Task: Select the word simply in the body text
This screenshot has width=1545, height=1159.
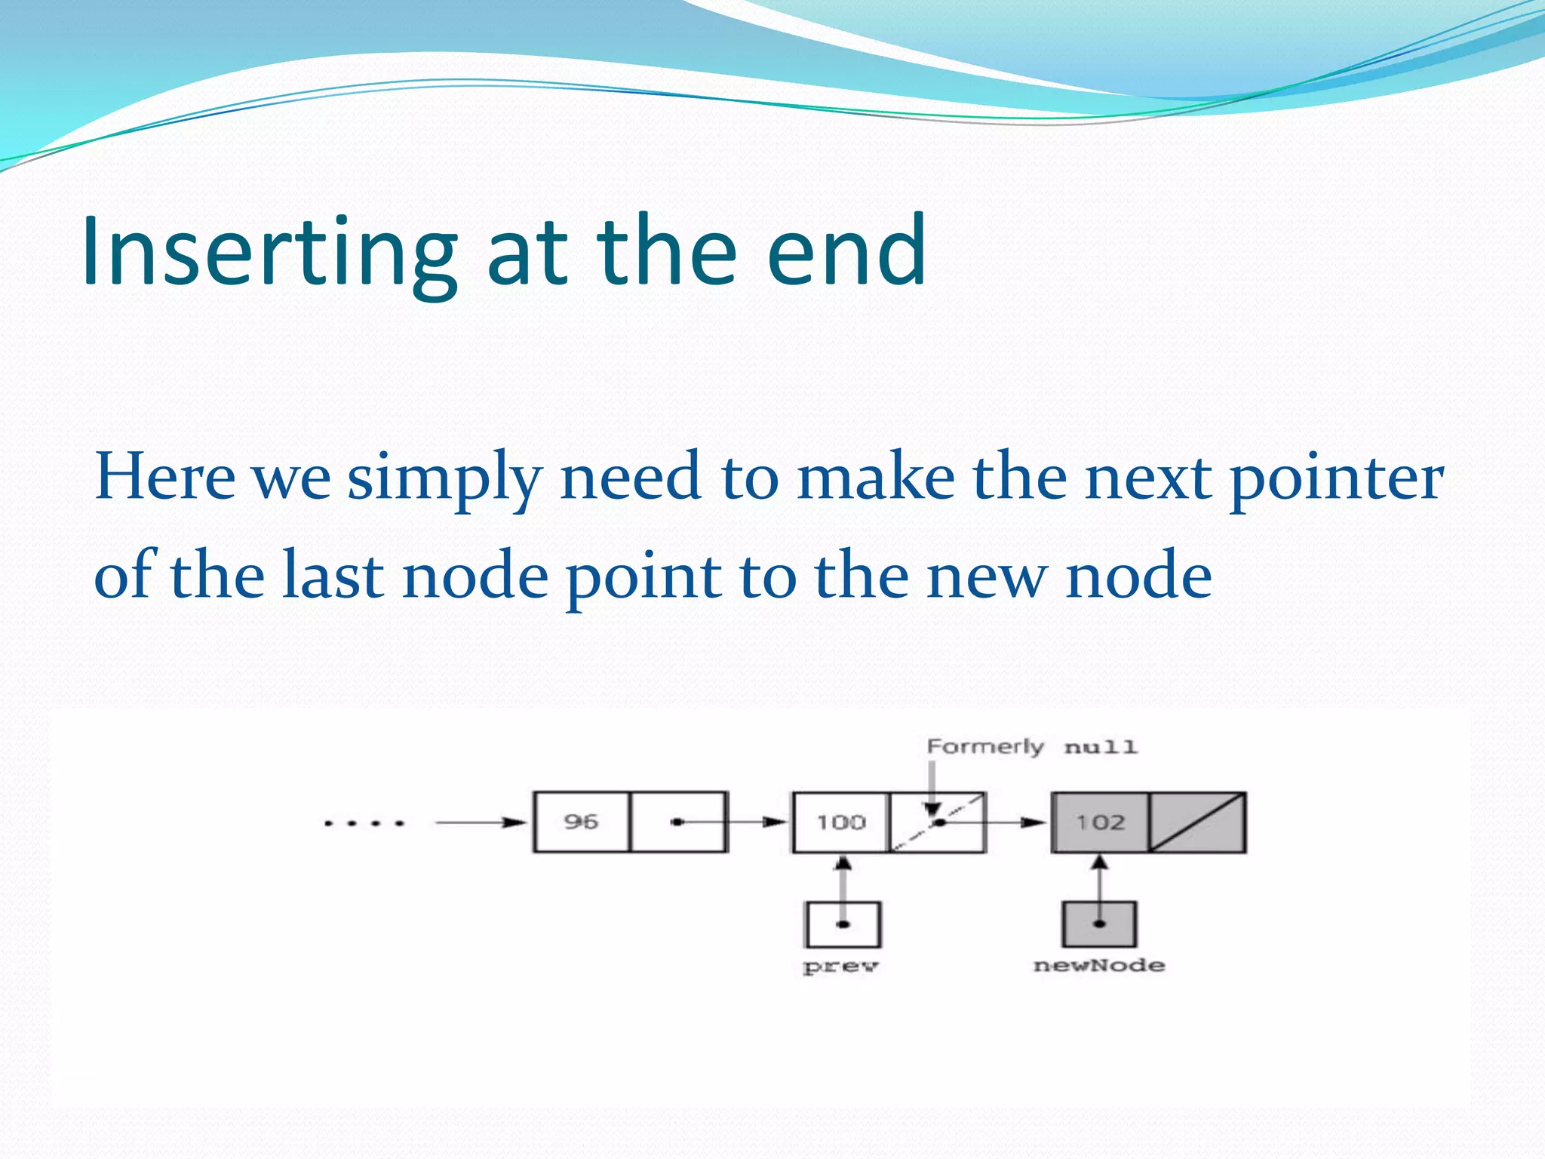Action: click(444, 479)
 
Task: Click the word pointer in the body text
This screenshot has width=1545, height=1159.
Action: click(1336, 479)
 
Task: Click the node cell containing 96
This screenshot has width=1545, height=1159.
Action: click(581, 822)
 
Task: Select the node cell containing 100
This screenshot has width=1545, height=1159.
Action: click(840, 822)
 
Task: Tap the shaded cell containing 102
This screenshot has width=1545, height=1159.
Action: click(1100, 822)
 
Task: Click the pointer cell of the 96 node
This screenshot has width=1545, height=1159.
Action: click(678, 822)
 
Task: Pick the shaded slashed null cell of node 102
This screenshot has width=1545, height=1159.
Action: click(1197, 822)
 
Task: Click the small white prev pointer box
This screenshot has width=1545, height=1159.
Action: click(843, 924)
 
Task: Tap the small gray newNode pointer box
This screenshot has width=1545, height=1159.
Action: click(1100, 924)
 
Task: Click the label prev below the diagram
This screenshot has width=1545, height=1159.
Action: click(840, 967)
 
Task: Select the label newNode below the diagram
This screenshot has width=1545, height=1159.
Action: click(1099, 965)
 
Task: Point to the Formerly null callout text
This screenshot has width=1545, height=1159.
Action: click(1031, 747)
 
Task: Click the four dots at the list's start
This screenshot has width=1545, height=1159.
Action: click(364, 822)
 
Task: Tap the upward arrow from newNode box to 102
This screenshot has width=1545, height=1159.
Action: click(1100, 879)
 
